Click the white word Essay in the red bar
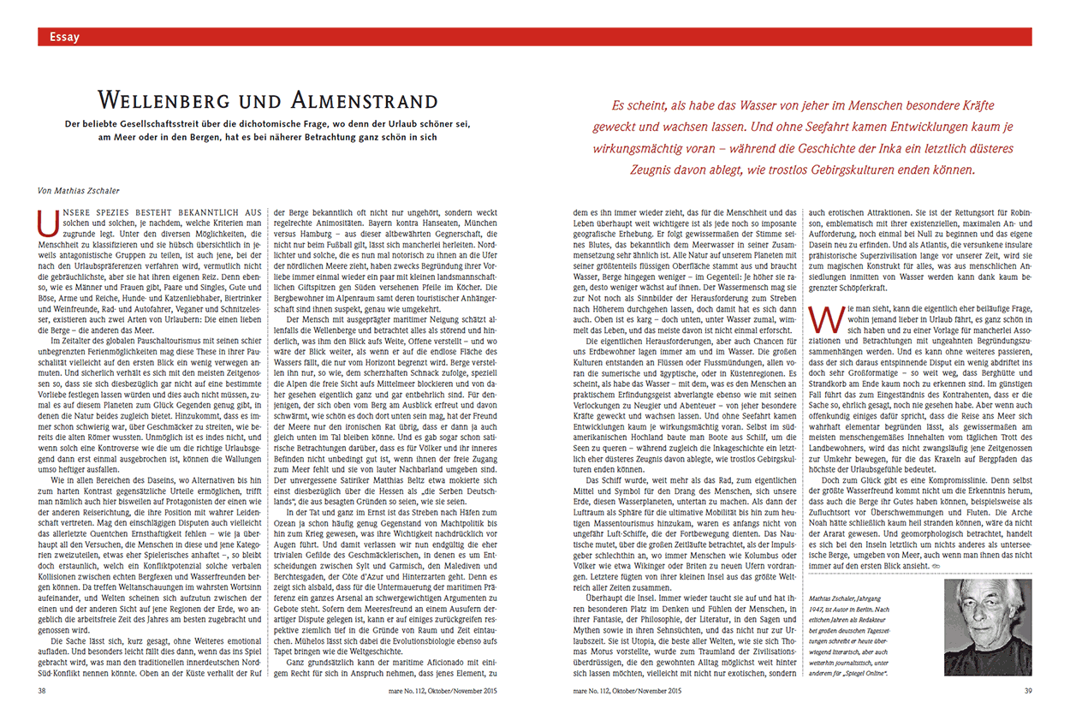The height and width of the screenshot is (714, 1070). tap(65, 37)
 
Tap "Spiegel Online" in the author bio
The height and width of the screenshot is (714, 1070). tap(861, 674)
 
